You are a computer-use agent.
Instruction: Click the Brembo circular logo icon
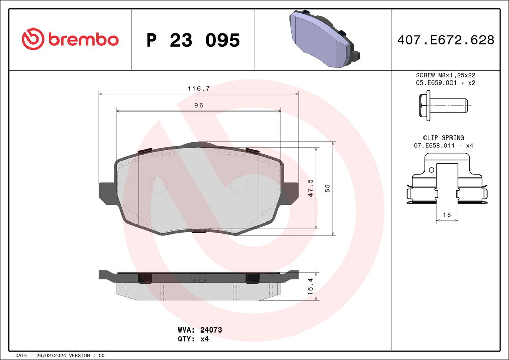(x=33, y=39)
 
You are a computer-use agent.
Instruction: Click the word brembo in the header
(x=83, y=39)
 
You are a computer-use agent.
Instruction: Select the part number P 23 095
(x=193, y=40)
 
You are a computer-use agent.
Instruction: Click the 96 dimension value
(x=199, y=105)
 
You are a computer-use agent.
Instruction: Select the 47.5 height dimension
(x=310, y=188)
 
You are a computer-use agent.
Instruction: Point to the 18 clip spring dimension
(x=447, y=215)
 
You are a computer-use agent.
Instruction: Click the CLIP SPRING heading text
(x=443, y=137)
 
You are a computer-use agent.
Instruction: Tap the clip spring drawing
(x=446, y=183)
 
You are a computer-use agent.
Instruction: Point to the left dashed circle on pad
(x=159, y=185)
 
